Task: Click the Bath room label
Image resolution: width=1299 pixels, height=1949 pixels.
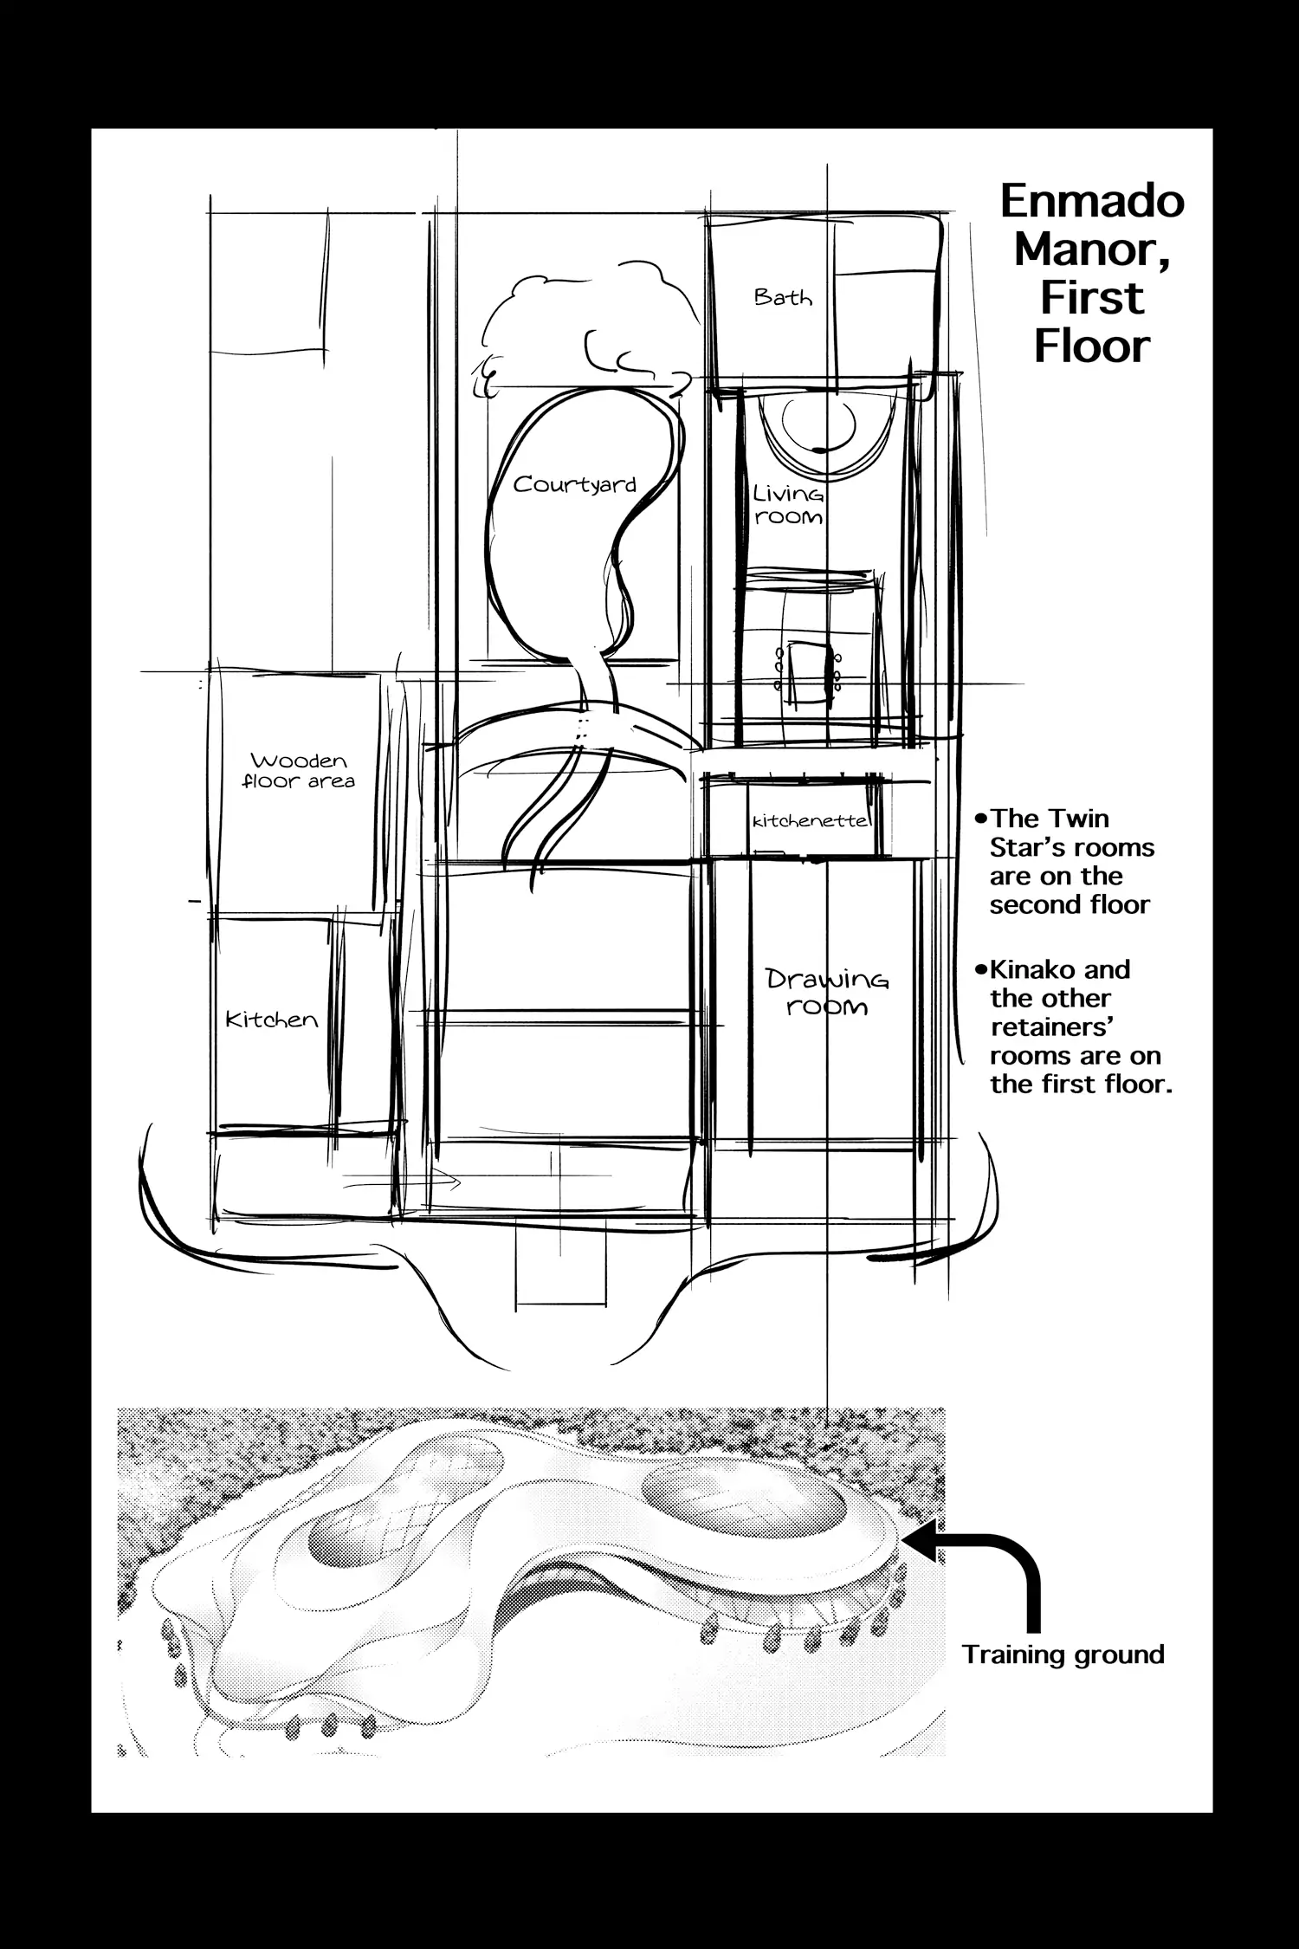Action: (783, 297)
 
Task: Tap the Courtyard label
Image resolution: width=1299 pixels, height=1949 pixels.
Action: (574, 485)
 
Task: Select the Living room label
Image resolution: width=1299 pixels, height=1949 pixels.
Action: (787, 505)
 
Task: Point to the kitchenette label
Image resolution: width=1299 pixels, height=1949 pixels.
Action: (811, 820)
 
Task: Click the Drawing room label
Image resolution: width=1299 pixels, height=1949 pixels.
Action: (827, 993)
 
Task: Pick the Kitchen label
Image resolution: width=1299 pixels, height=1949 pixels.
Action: (271, 1020)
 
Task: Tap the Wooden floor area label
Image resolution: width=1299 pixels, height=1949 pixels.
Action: (299, 771)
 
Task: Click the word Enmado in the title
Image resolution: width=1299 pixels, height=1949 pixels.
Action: (1092, 201)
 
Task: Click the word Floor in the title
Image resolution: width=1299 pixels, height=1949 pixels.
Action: (1091, 346)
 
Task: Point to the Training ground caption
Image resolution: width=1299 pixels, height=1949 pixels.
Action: (1063, 1654)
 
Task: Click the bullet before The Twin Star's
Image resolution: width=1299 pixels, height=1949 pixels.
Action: (981, 819)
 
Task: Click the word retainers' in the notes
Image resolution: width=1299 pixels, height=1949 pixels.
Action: (1051, 1027)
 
